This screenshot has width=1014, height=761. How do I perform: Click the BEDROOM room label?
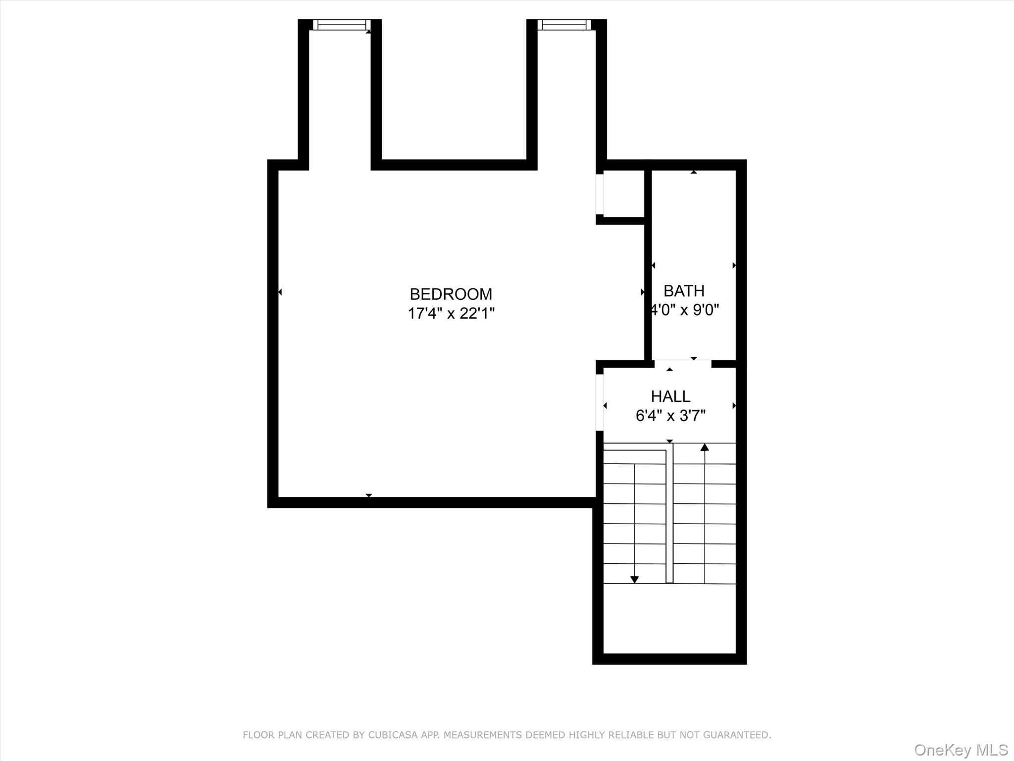tap(451, 294)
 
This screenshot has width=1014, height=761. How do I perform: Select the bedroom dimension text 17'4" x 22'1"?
tap(451, 314)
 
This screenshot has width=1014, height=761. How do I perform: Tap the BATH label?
tap(684, 291)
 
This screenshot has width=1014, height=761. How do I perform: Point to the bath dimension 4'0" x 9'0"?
tap(685, 310)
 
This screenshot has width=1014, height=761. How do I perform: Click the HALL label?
tap(670, 396)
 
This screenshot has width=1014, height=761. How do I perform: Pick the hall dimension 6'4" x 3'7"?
tap(670, 416)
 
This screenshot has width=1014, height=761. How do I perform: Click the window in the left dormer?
tap(341, 25)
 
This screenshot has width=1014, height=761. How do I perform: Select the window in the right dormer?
tap(563, 25)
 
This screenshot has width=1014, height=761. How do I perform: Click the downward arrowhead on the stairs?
tap(634, 579)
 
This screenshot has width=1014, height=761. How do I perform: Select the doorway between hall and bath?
tap(683, 364)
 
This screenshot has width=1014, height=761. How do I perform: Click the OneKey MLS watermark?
tap(961, 750)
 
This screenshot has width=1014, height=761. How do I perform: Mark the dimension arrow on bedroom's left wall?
tap(280, 292)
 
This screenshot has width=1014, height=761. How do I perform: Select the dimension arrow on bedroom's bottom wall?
tap(368, 495)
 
